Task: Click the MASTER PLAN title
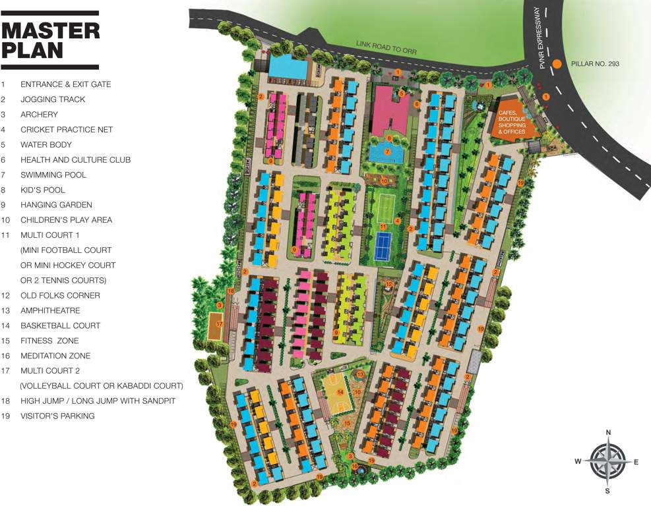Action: (50, 40)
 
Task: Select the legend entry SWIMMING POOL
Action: (53, 175)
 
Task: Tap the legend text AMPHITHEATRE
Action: (50, 310)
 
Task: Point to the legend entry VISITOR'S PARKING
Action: (57, 416)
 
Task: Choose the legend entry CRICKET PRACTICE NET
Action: (67, 129)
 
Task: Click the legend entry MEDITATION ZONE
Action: (55, 356)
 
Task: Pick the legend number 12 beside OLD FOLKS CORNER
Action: (5, 295)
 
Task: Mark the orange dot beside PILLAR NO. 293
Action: (557, 64)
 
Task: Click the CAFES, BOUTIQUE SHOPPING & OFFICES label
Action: (512, 122)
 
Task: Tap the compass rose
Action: (607, 461)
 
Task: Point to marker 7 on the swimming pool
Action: (387, 152)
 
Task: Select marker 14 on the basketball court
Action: (340, 391)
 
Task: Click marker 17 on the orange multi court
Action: (220, 324)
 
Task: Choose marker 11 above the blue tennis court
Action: (383, 227)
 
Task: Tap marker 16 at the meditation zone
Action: (354, 466)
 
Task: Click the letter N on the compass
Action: (608, 432)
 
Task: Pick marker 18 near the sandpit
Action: (231, 291)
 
